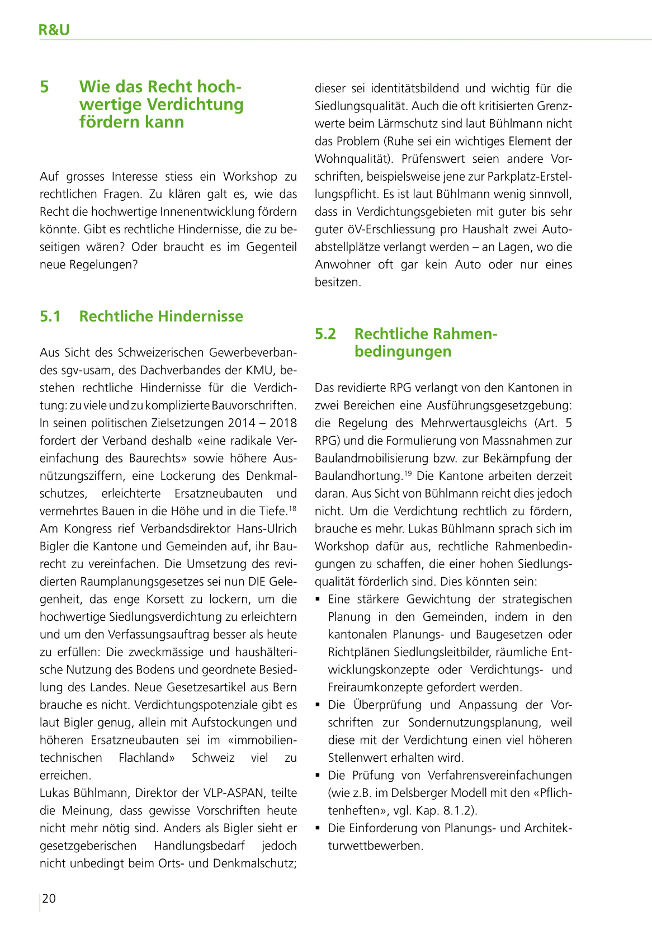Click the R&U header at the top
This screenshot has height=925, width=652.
tap(54, 30)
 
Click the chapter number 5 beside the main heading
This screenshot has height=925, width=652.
tap(45, 87)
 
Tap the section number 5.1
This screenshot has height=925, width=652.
tap(50, 317)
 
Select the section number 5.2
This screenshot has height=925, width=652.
tap(325, 334)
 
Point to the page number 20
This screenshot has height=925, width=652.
tap(49, 898)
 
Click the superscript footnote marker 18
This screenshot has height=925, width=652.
tap(292, 508)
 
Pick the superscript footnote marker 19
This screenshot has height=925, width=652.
tap(409, 473)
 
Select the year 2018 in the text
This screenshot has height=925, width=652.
tap(283, 423)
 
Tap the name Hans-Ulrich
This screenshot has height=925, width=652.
tap(267, 528)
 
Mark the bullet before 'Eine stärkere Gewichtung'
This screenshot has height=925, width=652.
tap(318, 599)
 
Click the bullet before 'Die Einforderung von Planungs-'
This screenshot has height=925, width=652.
tap(318, 828)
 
